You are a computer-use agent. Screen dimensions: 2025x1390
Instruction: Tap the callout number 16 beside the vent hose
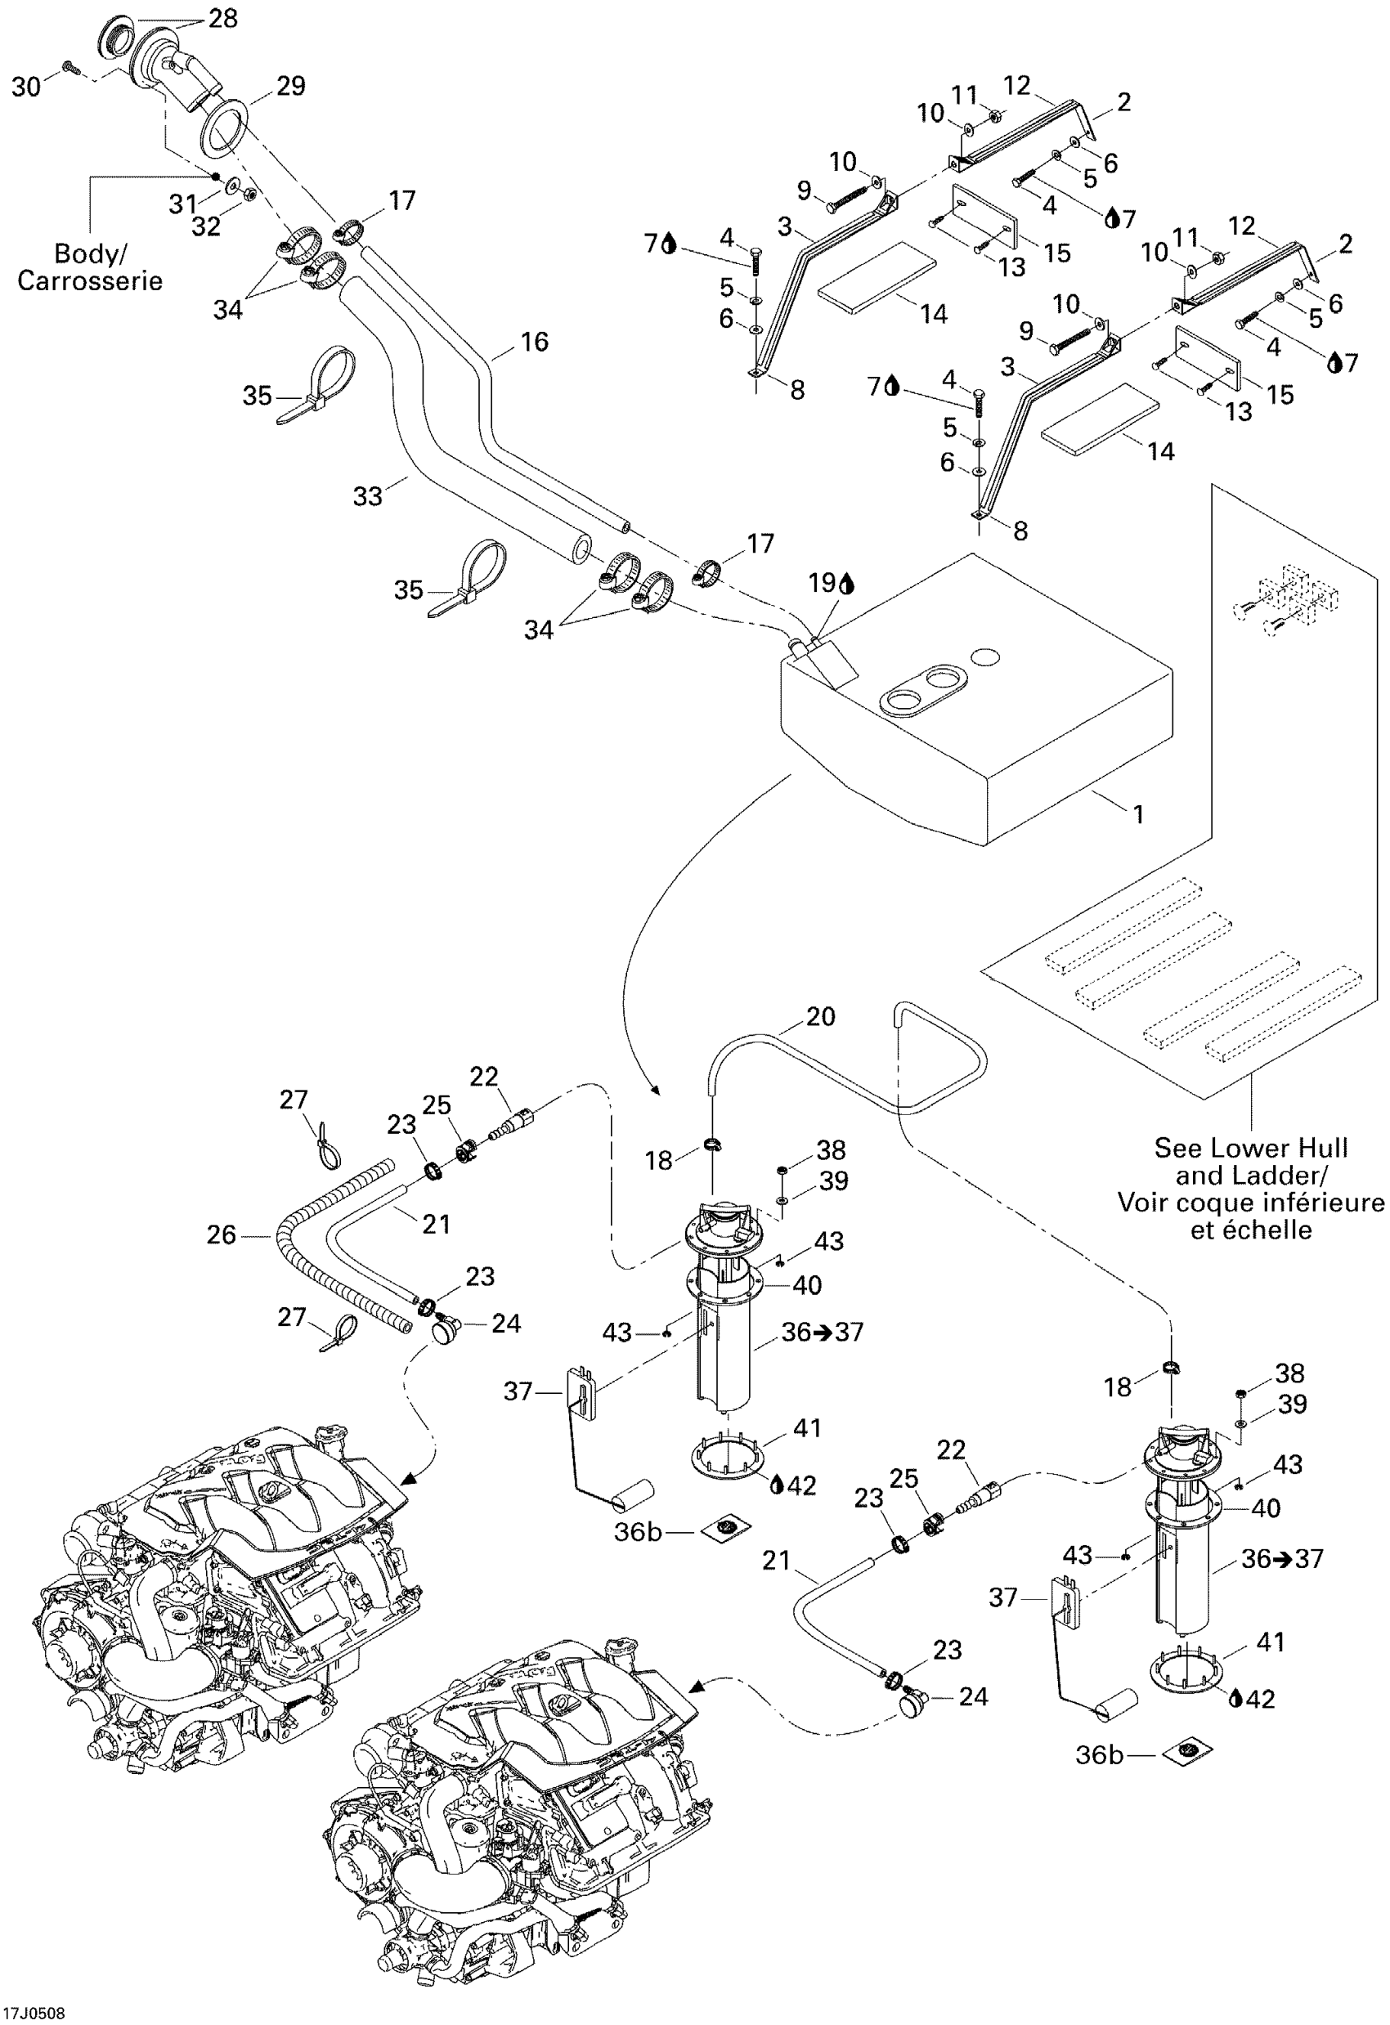(x=534, y=342)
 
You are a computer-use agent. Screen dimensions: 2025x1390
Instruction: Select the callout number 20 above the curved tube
(x=820, y=1016)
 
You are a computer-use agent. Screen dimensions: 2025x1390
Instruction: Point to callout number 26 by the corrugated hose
(x=221, y=1234)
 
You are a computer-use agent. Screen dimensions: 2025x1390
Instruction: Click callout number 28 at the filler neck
(x=223, y=18)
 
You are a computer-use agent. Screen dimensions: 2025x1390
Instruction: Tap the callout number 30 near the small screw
(x=26, y=87)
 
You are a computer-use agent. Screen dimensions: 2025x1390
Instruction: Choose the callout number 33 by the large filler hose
(x=367, y=495)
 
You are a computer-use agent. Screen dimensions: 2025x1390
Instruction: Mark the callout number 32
(x=206, y=226)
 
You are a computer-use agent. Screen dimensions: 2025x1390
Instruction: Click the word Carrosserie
(x=90, y=280)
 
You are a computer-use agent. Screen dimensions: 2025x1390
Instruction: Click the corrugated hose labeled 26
(x=288, y=1229)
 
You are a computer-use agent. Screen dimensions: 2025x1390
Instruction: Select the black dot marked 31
(x=215, y=175)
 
